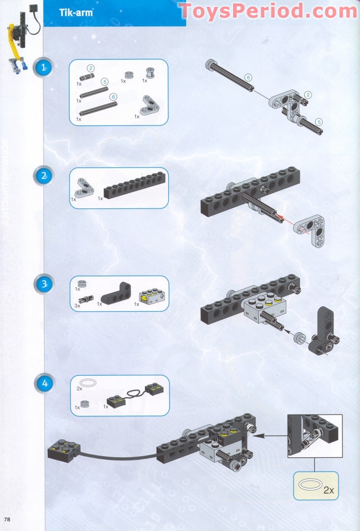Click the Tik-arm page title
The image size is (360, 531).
pyautogui.click(x=76, y=13)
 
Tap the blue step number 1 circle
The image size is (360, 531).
pyautogui.click(x=44, y=68)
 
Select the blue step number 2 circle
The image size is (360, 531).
pyautogui.click(x=44, y=176)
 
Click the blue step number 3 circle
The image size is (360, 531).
pyautogui.click(x=44, y=284)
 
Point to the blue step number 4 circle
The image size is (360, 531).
pyautogui.click(x=44, y=384)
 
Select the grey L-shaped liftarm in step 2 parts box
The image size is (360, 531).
pyautogui.click(x=84, y=188)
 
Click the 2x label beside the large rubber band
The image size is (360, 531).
pyautogui.click(x=328, y=490)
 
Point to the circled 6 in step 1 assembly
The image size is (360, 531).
pyautogui.click(x=248, y=77)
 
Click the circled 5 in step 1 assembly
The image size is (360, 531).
pyautogui.click(x=319, y=121)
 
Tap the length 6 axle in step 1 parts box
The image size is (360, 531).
pyautogui.click(x=98, y=108)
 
